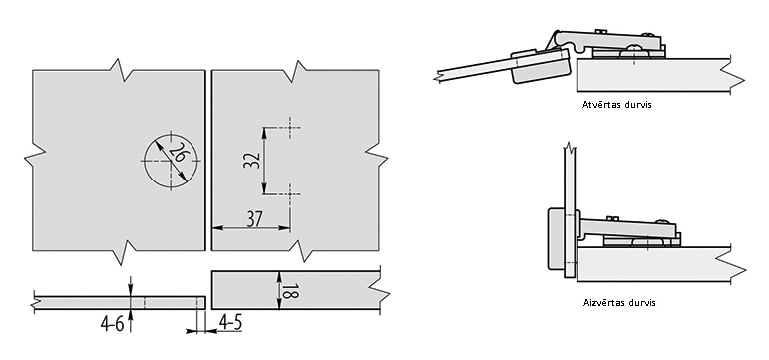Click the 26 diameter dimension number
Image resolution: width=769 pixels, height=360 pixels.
click(x=179, y=153)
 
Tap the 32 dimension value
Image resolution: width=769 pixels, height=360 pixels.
click(x=251, y=160)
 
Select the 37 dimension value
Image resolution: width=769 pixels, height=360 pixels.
click(x=254, y=219)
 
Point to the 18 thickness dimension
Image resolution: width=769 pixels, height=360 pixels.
click(x=290, y=291)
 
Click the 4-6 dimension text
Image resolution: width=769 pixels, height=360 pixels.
click(x=113, y=324)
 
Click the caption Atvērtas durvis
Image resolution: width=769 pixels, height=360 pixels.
click(x=617, y=105)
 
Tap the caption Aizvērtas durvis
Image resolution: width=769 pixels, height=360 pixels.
click(x=619, y=302)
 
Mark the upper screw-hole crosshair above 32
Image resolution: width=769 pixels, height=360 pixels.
click(x=290, y=128)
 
